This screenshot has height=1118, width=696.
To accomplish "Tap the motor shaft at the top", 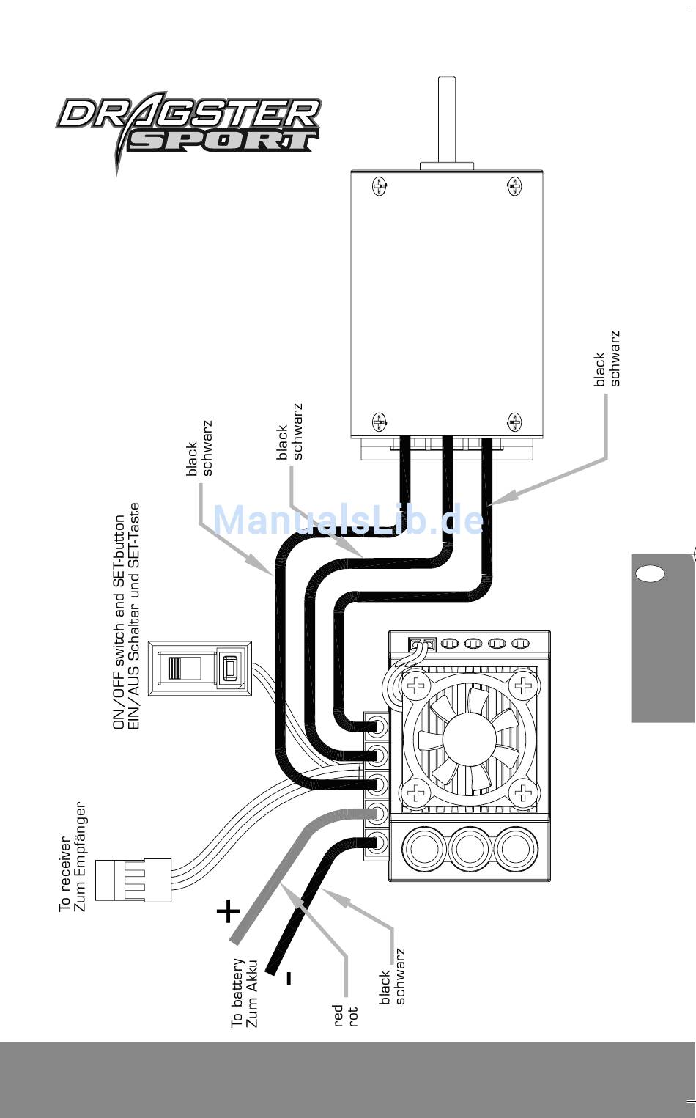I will (446, 121).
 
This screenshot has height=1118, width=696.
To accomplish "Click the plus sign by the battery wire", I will (228, 911).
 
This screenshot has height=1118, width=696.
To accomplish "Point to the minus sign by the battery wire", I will (289, 977).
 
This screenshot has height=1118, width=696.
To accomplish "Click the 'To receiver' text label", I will (73, 858).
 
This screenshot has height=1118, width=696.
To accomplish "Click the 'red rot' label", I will (346, 1015).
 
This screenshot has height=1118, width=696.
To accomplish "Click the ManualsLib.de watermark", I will (349, 520).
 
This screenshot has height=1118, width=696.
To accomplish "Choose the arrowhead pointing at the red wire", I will (289, 890).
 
